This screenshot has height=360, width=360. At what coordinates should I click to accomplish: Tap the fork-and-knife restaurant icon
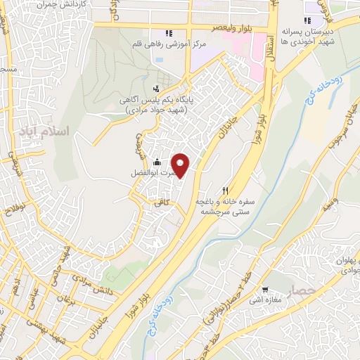coord(226,189)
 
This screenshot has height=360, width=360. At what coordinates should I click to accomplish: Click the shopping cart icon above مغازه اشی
coord(265,289)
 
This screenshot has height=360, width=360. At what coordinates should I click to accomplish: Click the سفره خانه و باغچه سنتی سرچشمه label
coord(225,205)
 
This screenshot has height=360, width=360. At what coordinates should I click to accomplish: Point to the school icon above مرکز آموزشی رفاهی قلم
coord(168,32)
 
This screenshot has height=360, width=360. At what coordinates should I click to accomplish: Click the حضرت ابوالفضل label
coord(149,172)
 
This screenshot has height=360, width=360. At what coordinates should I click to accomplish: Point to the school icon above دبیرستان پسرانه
coord(307,20)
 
